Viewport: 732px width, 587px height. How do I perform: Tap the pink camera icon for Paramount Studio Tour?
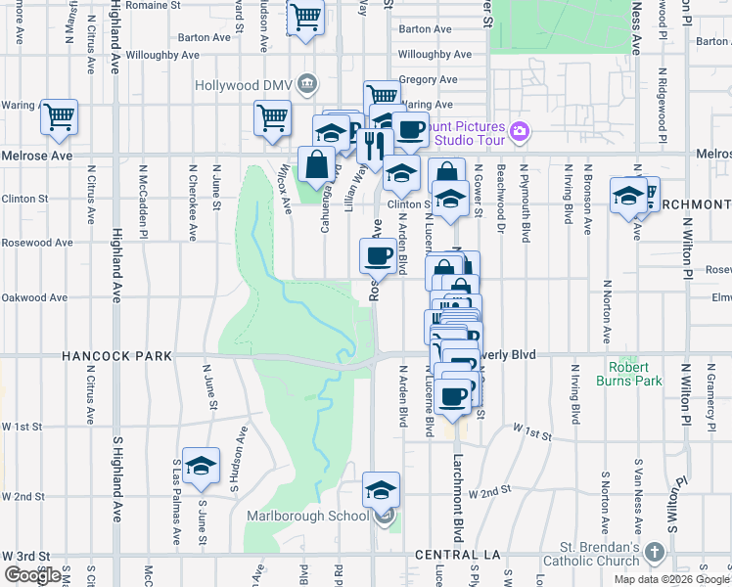pyautogui.click(x=520, y=130)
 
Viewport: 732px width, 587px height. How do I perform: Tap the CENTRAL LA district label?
pyautogui.click(x=446, y=556)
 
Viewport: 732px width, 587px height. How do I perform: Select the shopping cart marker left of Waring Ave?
pyautogui.click(x=60, y=117)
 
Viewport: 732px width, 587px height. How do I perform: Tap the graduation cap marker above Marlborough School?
pyautogui.click(x=381, y=490)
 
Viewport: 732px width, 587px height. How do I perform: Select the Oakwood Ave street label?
pyautogui.click(x=35, y=298)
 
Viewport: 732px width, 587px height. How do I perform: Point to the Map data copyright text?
pyautogui.click(x=671, y=579)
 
